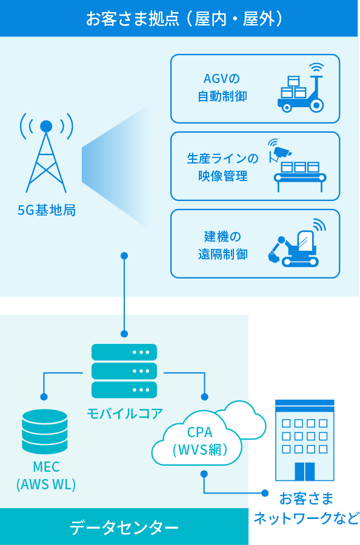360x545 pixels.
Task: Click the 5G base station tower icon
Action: pyautogui.click(x=46, y=153)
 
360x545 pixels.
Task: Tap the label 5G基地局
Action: pyautogui.click(x=47, y=210)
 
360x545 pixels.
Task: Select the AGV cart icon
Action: pyautogui.click(x=301, y=88)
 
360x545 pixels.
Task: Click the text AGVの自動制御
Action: pyautogui.click(x=222, y=87)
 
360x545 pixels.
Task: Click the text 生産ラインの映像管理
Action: pyautogui.click(x=222, y=167)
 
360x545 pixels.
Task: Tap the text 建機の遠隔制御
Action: pyautogui.click(x=222, y=245)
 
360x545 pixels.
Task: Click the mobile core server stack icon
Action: pyautogui.click(x=124, y=371)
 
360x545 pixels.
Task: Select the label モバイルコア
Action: pyautogui.click(x=124, y=414)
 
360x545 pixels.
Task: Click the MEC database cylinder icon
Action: pyautogui.click(x=44, y=431)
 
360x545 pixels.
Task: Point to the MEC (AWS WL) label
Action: pyautogui.click(x=46, y=475)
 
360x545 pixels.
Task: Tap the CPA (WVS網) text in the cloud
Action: pyautogui.click(x=199, y=441)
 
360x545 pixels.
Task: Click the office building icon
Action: pyautogui.click(x=305, y=440)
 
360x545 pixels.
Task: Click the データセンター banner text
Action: pyautogui.click(x=124, y=527)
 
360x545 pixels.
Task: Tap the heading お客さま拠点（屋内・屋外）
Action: pyautogui.click(x=185, y=18)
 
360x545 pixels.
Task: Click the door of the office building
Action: pyautogui.click(x=305, y=471)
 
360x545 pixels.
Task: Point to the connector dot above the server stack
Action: pyautogui.click(x=124, y=334)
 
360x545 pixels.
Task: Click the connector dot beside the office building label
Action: pyautogui.click(x=265, y=493)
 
